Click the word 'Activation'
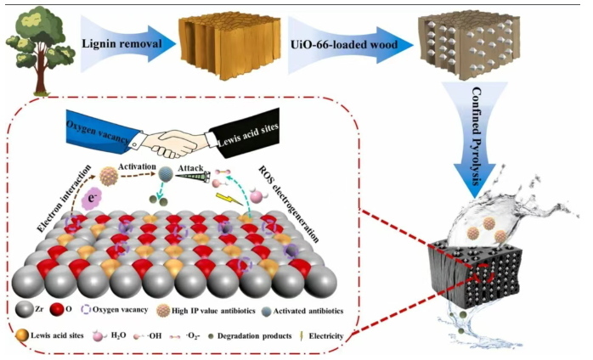[138, 171]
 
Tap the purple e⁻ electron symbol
[94, 202]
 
